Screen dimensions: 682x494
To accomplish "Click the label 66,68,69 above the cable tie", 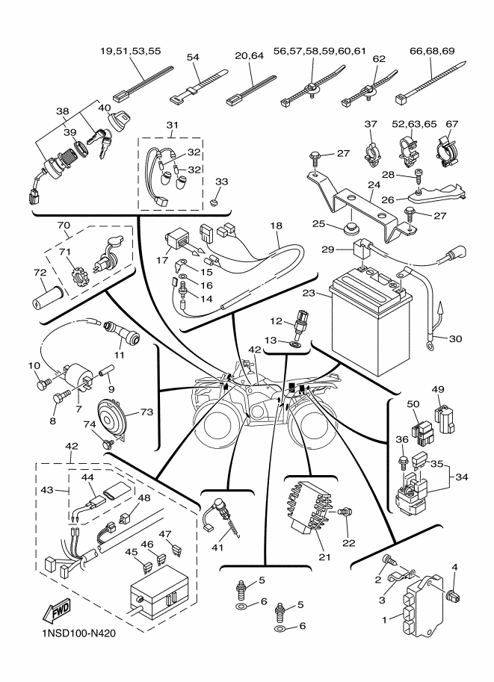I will click(432, 51).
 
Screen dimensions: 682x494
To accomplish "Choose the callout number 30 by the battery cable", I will click(456, 338).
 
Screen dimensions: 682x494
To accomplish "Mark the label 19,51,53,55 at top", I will click(130, 51).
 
